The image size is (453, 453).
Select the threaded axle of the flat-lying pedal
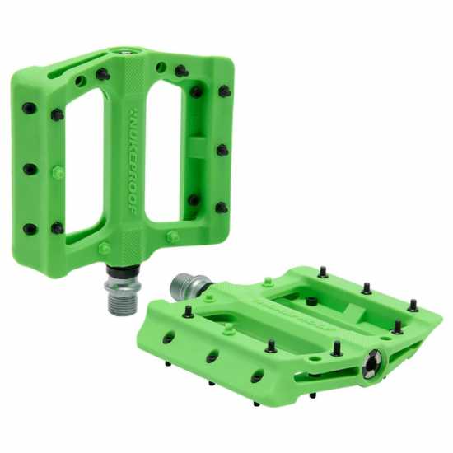click(x=184, y=286)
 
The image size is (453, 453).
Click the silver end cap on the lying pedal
click(x=372, y=360)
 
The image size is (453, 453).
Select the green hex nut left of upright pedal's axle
click(x=104, y=248)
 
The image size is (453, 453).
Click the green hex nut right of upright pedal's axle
click(x=172, y=236)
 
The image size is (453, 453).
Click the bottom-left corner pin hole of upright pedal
click(x=30, y=229)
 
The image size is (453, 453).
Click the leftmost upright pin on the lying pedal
click(x=189, y=311)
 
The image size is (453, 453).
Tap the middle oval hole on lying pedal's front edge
click(x=212, y=356)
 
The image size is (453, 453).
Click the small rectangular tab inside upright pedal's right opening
click(x=197, y=148)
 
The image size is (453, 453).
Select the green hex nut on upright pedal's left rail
click(x=58, y=173)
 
